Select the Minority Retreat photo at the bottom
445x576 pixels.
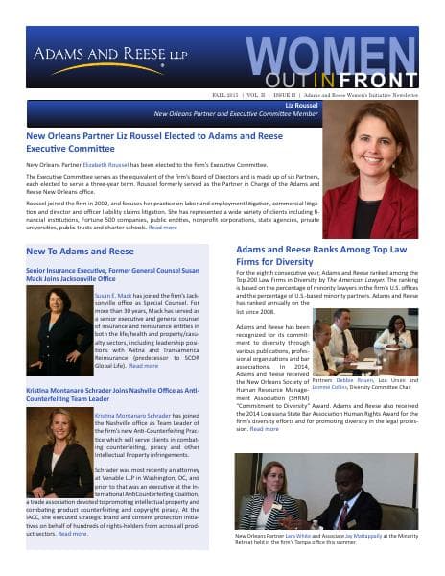[x=326, y=490]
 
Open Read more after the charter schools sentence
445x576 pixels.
[x=161, y=228]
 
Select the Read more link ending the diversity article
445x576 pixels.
[x=265, y=428]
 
